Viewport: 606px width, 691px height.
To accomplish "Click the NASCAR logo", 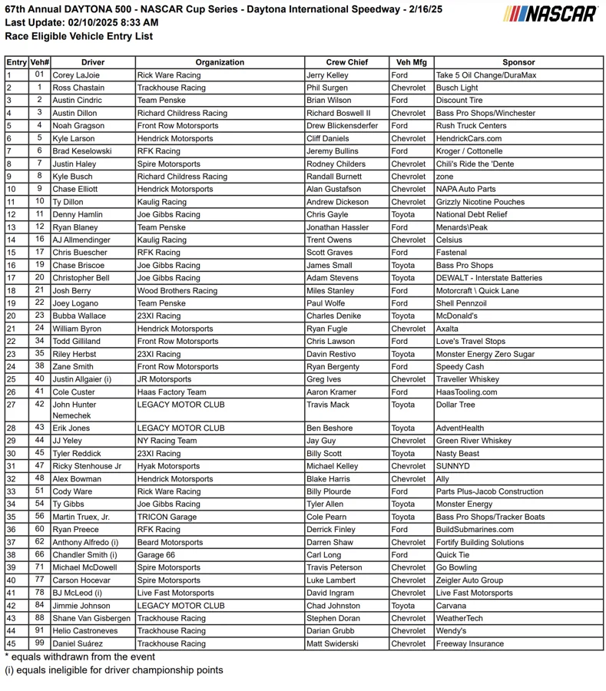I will click(x=551, y=14).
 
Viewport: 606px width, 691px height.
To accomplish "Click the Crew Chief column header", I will click(x=346, y=62).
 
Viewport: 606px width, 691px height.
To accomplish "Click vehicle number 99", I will click(x=39, y=643).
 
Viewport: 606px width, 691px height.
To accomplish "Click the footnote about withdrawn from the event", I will click(x=80, y=656).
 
